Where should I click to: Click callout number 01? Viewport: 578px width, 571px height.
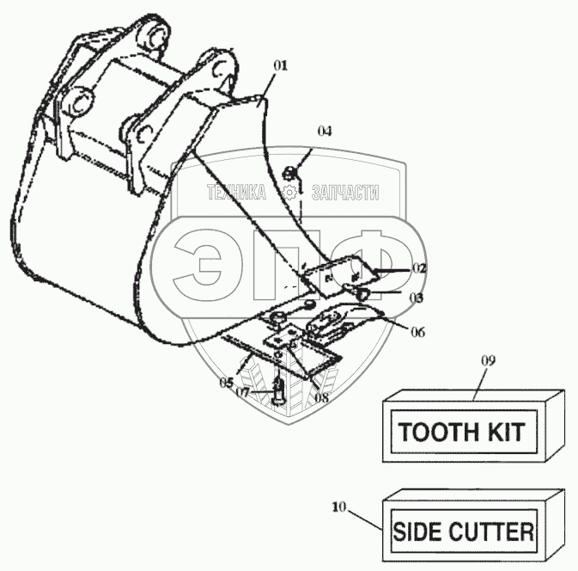pos(282,65)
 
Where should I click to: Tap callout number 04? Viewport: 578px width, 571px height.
pos(324,132)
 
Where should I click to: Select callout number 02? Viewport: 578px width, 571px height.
pos(418,269)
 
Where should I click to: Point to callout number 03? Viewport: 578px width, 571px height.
pos(417,298)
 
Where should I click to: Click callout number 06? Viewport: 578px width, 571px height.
pos(417,331)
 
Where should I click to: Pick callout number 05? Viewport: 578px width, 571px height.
pos(227,381)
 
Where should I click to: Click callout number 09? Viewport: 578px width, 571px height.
pos(487,363)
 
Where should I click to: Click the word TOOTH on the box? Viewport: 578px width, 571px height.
pos(433,430)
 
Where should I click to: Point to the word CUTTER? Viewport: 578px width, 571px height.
pos(494,531)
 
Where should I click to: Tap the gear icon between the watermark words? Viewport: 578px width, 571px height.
pos(290,193)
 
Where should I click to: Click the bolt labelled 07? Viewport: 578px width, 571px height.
pos(277,391)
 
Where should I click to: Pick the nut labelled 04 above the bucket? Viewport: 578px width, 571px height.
pos(290,172)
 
